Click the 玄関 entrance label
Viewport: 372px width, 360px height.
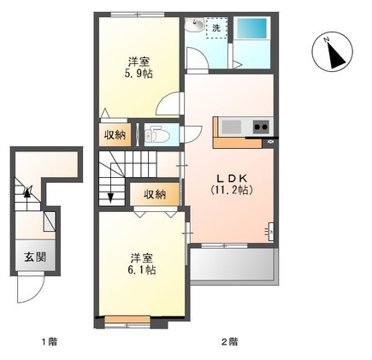tap(35, 257)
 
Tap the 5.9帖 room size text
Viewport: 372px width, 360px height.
tap(138, 74)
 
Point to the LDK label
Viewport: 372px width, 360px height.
tap(232, 179)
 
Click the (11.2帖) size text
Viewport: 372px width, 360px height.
tap(232, 190)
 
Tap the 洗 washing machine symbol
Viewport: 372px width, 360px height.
tap(216, 28)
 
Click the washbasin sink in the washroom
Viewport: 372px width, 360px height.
tap(194, 24)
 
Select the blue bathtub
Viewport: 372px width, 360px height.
tap(252, 28)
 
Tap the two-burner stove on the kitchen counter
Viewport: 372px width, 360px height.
tap(261, 127)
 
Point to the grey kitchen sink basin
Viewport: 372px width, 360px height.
tap(232, 127)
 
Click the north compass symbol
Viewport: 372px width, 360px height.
tap(333, 52)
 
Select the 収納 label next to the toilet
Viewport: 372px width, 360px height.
tap(115, 134)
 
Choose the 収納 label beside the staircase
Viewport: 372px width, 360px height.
tap(155, 194)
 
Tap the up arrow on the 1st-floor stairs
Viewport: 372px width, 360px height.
tap(27, 197)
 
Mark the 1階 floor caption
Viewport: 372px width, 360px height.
tap(50, 341)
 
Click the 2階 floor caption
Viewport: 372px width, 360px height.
tap(230, 341)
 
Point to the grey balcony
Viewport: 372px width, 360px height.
tap(233, 266)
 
